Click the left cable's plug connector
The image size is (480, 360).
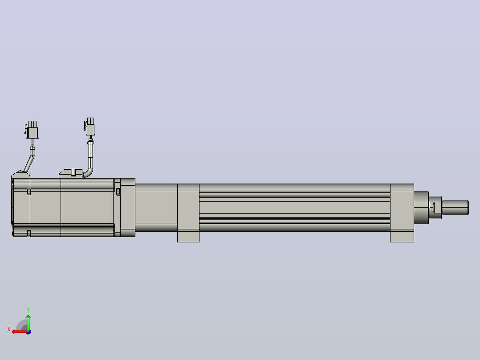click(32, 130)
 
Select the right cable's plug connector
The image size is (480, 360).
click(89, 127)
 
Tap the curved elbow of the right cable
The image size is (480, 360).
click(88, 172)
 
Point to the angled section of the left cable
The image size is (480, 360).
click(29, 164)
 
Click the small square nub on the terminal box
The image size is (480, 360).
click(73, 173)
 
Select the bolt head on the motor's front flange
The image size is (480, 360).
click(118, 192)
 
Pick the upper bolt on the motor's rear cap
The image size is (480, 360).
click(29, 192)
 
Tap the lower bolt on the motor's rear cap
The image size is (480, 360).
click(29, 233)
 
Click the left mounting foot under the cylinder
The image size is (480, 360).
click(188, 236)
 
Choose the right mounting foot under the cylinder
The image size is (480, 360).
click(402, 236)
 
